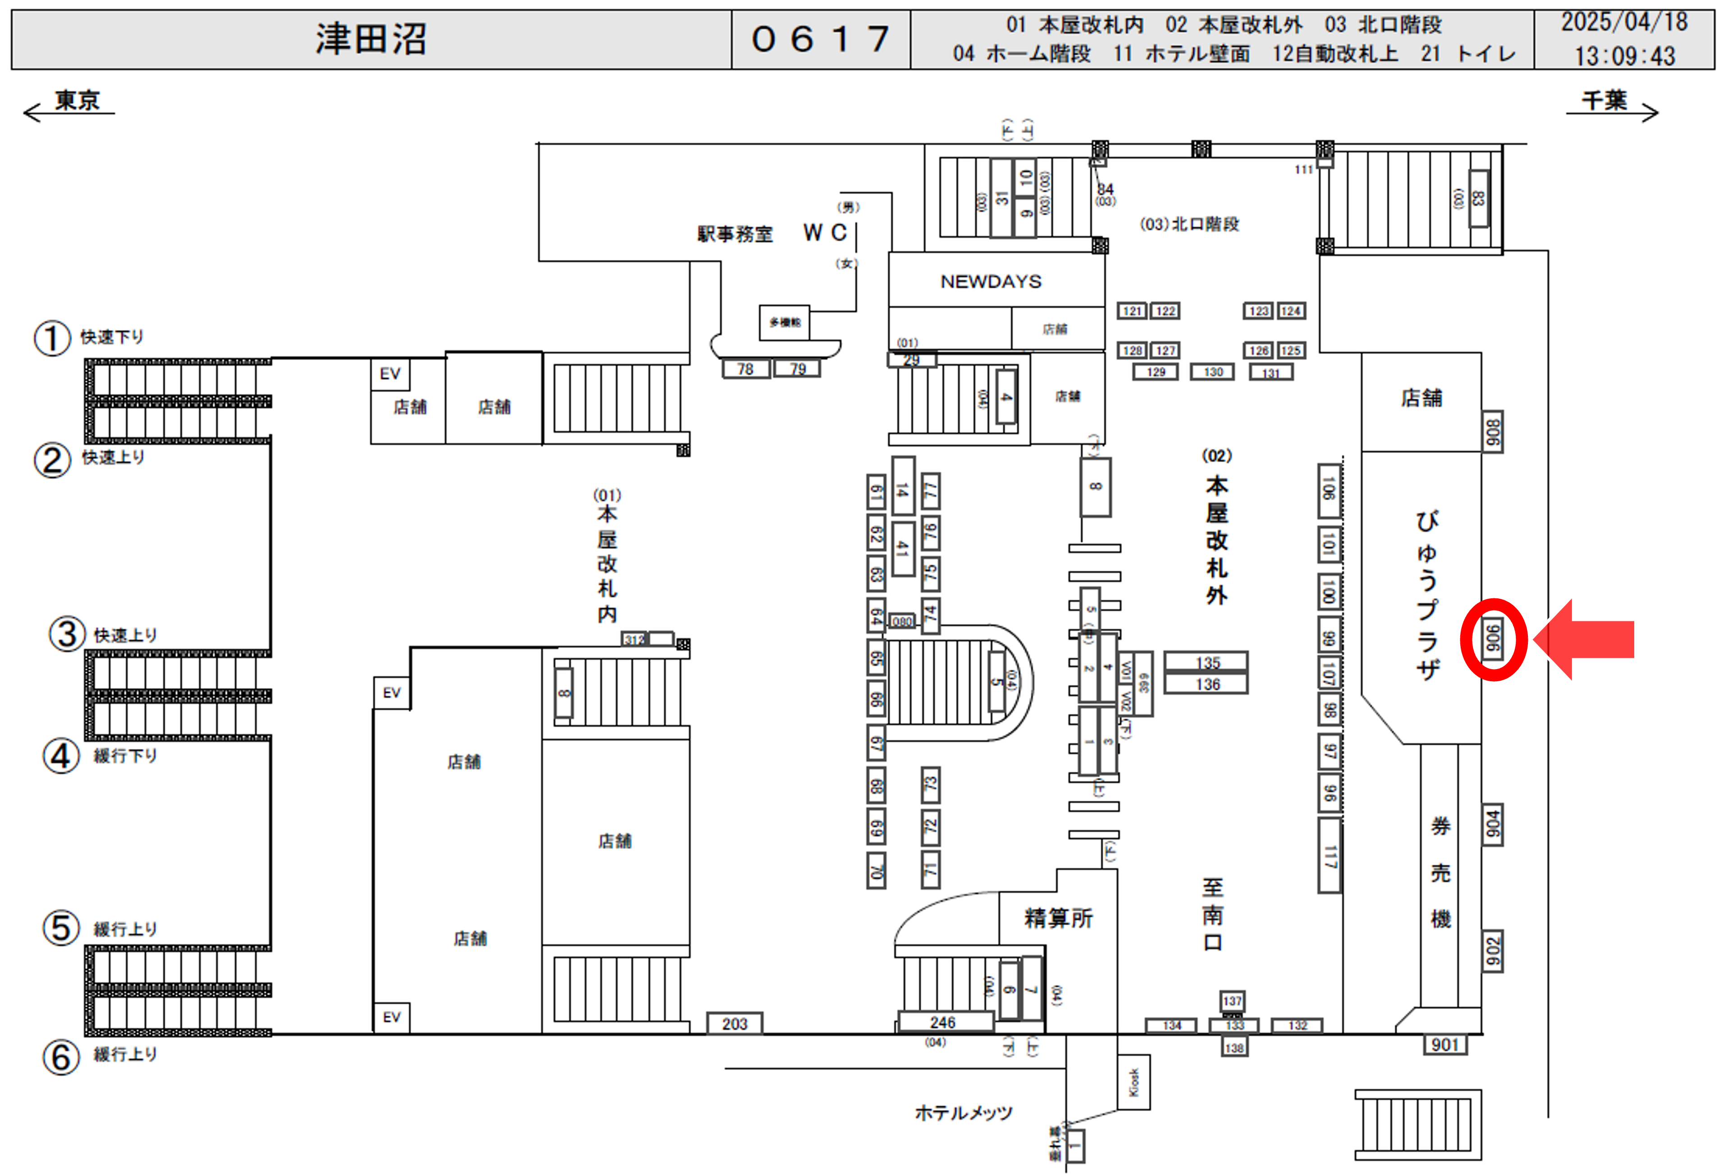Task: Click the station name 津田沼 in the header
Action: click(x=370, y=39)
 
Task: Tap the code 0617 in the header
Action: click(x=820, y=39)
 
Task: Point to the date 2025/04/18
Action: click(x=1624, y=22)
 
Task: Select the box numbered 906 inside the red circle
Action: click(x=1492, y=638)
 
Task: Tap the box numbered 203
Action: click(x=734, y=1024)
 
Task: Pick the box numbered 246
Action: click(x=943, y=1022)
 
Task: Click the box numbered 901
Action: click(x=1445, y=1044)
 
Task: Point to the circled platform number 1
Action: click(x=52, y=339)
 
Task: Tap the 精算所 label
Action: click(x=1058, y=918)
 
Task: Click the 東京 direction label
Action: click(x=77, y=100)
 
